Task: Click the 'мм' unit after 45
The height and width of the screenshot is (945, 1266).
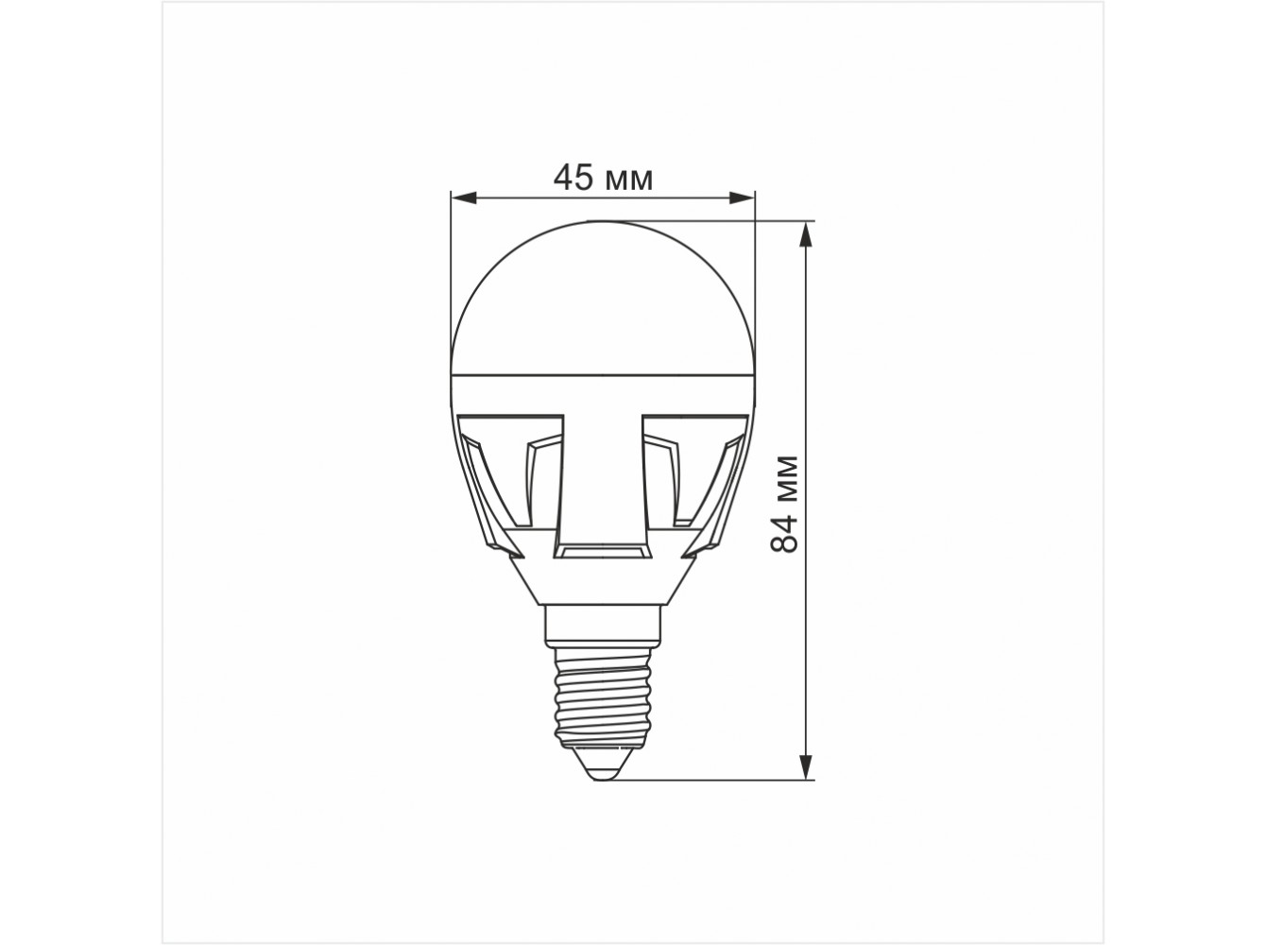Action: point(629,181)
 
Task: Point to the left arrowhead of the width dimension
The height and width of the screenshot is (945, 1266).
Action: point(464,198)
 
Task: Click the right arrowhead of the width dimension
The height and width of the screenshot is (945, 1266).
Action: point(742,198)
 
